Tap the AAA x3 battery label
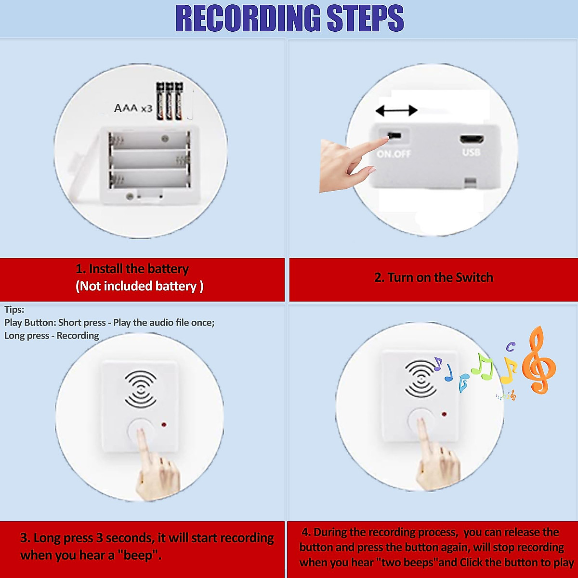click(x=133, y=108)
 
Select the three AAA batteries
click(x=169, y=101)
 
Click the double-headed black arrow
click(x=396, y=111)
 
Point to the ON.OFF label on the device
click(x=394, y=154)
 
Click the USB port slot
click(x=472, y=140)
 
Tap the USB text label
click(x=472, y=153)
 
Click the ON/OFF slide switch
click(x=394, y=135)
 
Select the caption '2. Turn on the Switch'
click(x=433, y=277)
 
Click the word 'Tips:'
click(x=14, y=310)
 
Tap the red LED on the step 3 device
click(x=164, y=425)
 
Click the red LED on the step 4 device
click(x=444, y=414)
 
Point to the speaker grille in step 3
click(x=141, y=389)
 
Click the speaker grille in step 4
click(x=420, y=379)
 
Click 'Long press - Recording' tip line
click(x=52, y=336)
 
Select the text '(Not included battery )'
click(x=140, y=287)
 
